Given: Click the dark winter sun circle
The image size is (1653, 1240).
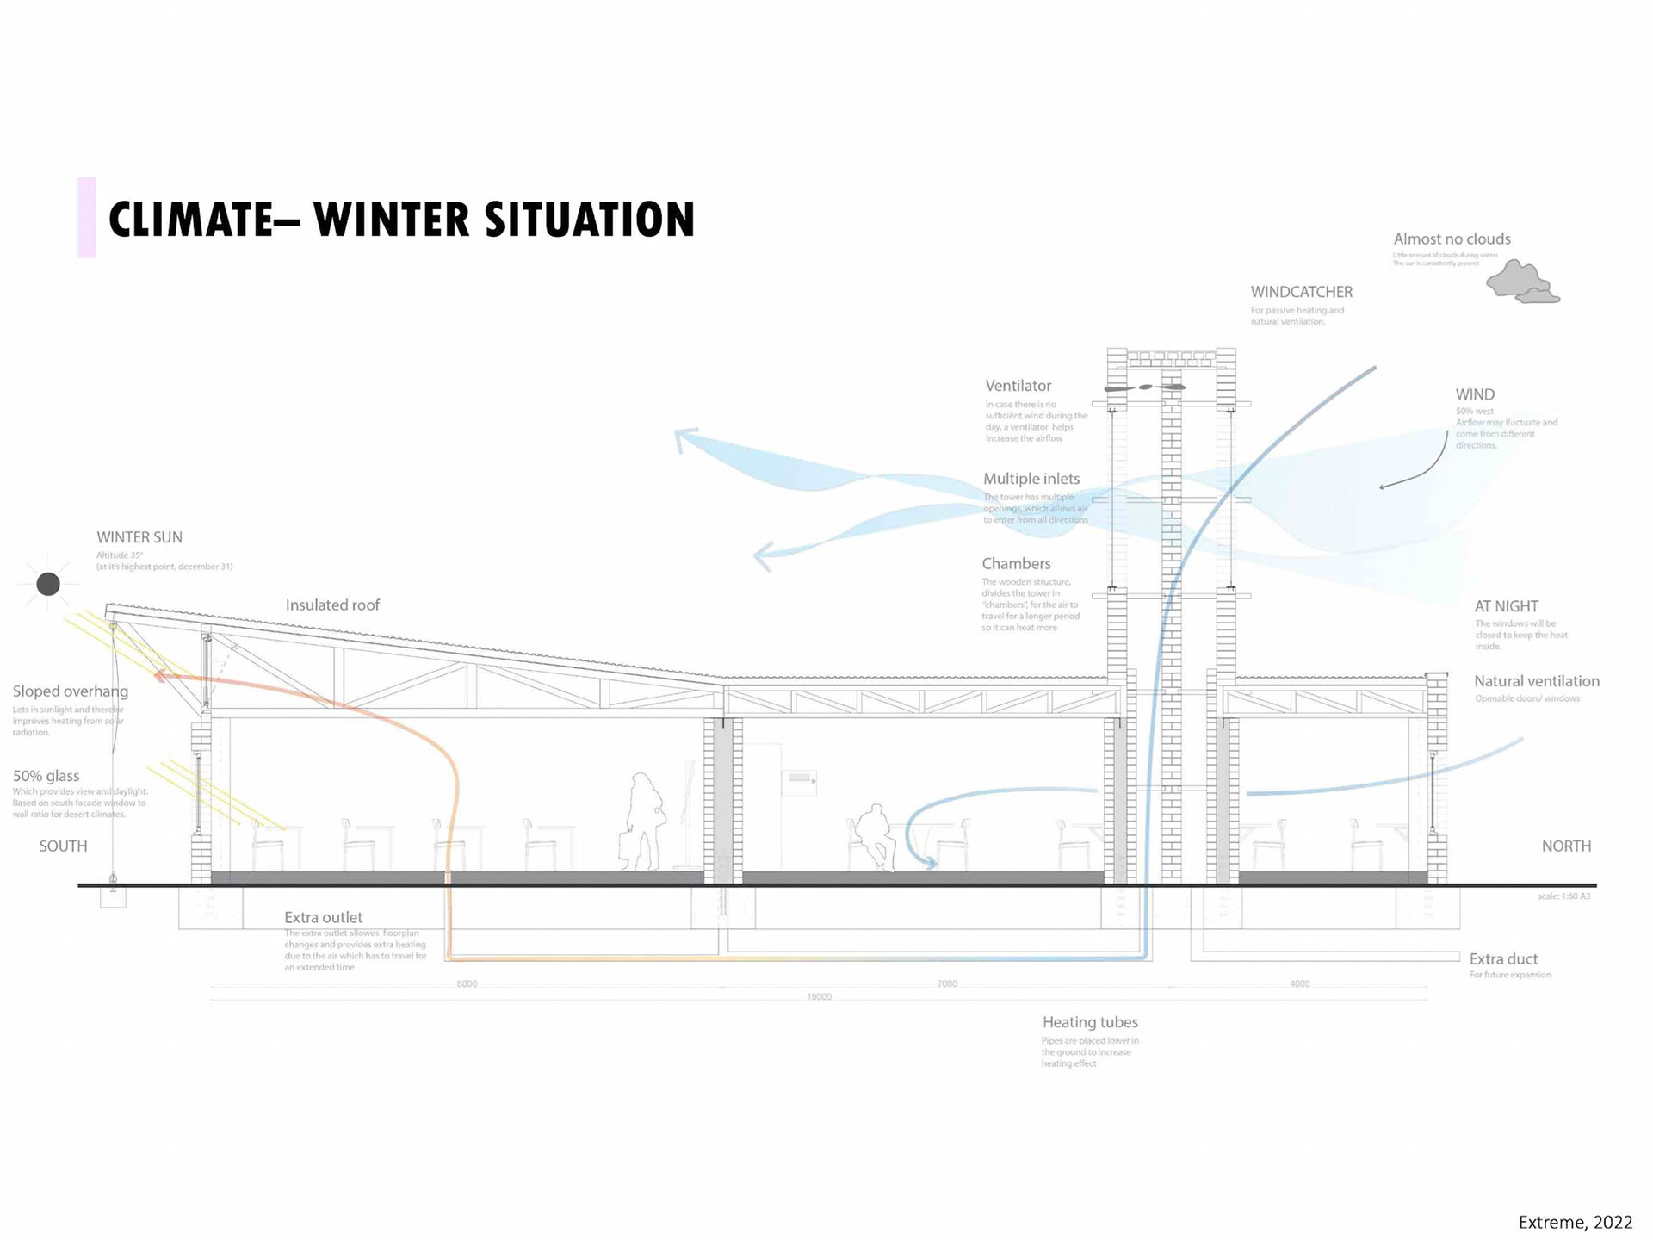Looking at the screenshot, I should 48,584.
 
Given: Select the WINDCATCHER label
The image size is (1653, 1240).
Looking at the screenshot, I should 1301,293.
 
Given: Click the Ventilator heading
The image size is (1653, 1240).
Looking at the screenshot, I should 1018,386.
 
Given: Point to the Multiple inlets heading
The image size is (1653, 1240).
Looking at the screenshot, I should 1031,479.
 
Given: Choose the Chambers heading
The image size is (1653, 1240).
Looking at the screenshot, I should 1016,564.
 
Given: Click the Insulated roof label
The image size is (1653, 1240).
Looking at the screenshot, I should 332,605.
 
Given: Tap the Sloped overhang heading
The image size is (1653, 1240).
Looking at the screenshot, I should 71,691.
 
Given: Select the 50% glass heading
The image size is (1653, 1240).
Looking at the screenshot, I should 46,776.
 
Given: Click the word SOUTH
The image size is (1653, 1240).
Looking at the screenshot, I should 63,846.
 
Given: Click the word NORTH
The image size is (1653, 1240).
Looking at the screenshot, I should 1566,846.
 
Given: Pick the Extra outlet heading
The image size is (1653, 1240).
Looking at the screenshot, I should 323,918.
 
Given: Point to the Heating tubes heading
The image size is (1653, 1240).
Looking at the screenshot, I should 1090,1022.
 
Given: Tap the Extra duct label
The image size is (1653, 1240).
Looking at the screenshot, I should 1503,959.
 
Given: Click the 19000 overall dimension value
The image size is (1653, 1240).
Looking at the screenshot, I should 819,997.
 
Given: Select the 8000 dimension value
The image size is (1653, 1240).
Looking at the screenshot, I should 467,983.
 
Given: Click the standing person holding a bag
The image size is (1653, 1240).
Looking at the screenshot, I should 642,822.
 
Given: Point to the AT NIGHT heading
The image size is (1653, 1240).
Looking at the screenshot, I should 1506,606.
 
